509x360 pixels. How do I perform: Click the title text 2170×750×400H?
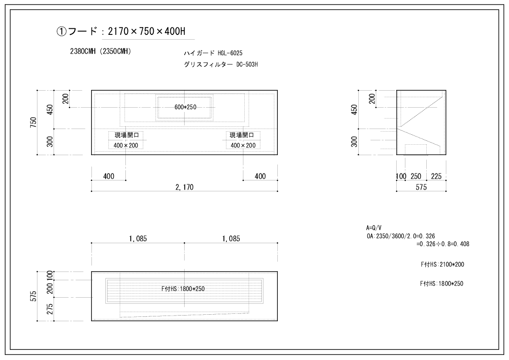146,31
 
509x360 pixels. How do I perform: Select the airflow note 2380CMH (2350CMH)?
101,51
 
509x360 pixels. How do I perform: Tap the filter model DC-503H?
247,65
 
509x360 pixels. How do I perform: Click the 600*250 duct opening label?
185,107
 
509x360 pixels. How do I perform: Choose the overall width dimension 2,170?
184,187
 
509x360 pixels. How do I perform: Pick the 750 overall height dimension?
33,122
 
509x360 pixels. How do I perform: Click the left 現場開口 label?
127,135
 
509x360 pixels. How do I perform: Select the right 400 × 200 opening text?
243,145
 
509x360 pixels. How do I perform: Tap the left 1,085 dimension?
138,239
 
